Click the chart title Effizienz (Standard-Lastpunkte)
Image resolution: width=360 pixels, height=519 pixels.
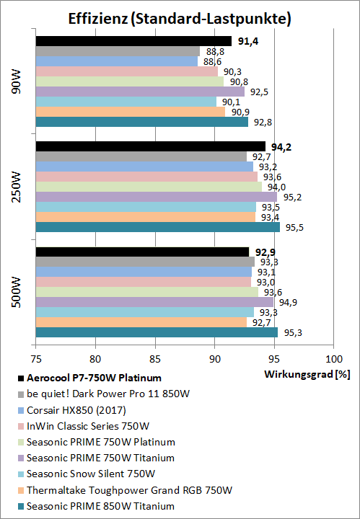[x=180, y=19]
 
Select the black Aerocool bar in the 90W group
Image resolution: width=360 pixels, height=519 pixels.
[x=133, y=41]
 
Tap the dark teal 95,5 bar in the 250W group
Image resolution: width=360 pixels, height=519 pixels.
[x=157, y=227]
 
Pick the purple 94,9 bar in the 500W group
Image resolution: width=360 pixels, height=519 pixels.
[x=154, y=302]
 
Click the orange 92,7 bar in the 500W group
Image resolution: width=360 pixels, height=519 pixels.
[x=141, y=322]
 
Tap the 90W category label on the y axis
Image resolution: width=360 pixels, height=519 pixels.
[x=16, y=81]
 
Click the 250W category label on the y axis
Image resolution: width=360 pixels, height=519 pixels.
[x=16, y=187]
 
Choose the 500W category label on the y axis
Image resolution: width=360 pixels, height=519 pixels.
[x=16, y=292]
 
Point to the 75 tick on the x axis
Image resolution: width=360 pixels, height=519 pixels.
[x=36, y=358]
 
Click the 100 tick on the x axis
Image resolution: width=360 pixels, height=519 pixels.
[x=333, y=358]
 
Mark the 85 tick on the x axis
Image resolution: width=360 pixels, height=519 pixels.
[x=155, y=358]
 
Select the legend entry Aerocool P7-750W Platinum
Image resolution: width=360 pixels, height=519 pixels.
[x=93, y=377]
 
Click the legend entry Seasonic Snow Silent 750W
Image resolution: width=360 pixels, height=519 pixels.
[x=91, y=474]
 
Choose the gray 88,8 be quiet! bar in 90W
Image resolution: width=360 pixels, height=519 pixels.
[x=118, y=51]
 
